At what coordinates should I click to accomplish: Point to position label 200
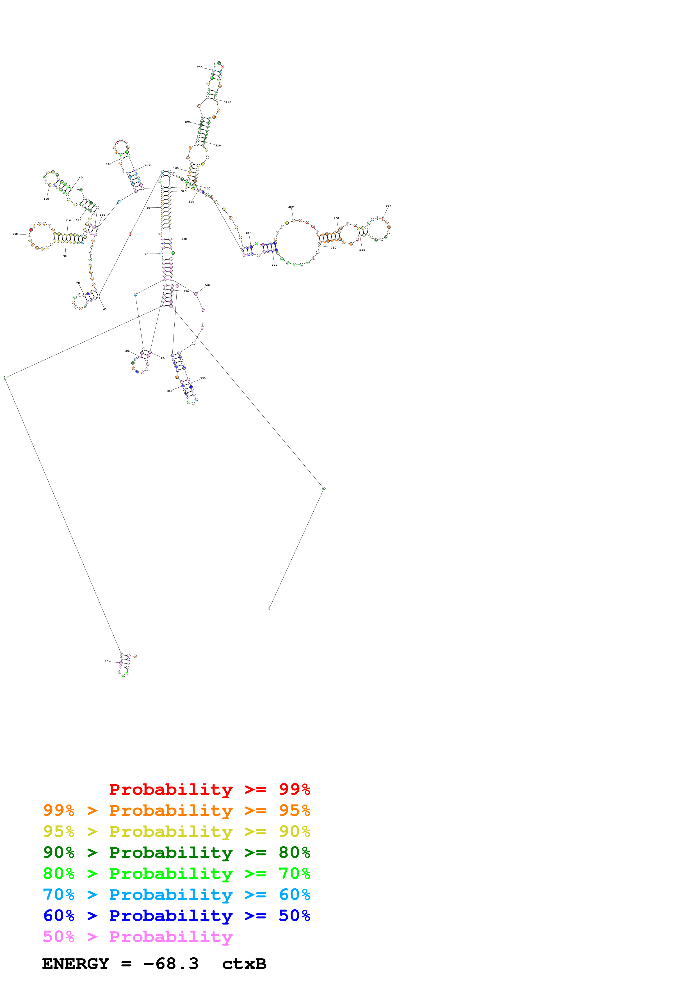pos(200,67)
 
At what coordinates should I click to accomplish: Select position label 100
pos(15,234)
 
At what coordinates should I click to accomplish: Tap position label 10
pos(106,661)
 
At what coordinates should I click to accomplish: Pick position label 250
pos(291,206)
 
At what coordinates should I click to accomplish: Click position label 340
pos(207,285)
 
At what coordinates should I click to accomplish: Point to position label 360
pos(170,391)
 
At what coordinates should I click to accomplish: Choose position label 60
pos(105,309)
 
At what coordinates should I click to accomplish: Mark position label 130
pos(46,199)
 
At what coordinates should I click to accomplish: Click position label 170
pos(147,165)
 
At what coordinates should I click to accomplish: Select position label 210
pos(228,102)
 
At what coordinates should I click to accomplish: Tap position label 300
pos(275,265)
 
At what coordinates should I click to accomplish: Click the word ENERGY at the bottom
pos(76,964)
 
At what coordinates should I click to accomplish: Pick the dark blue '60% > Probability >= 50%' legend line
pos(177,916)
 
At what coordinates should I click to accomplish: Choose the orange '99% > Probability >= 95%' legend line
pos(177,810)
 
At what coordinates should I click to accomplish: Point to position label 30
pos(127,351)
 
